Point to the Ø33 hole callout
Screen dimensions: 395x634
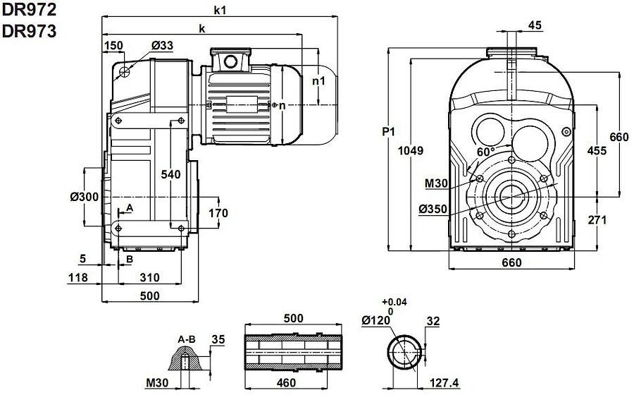tap(162, 46)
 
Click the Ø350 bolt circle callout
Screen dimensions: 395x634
tap(433, 209)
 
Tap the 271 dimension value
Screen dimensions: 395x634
tap(597, 220)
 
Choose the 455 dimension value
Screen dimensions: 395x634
tap(597, 150)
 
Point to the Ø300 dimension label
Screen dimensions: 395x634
tap(84, 197)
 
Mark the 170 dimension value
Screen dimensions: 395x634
tap(218, 212)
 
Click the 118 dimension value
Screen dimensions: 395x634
tap(78, 277)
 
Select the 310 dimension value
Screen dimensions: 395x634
tap(149, 277)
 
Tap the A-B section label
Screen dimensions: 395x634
tap(187, 339)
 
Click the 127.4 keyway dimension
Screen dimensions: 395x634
tap(443, 383)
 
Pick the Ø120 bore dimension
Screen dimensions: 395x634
tap(376, 320)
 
